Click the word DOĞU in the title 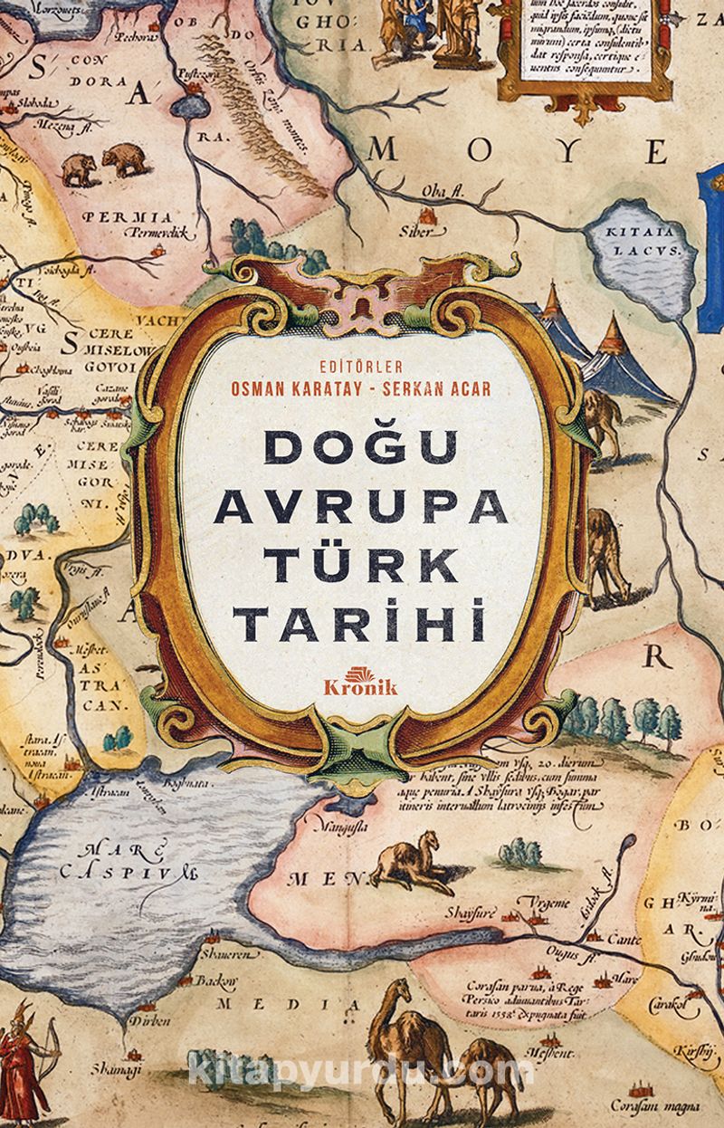point(361,449)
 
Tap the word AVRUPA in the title point(361,507)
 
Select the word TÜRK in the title point(361,566)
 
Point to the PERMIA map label point(126,217)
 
